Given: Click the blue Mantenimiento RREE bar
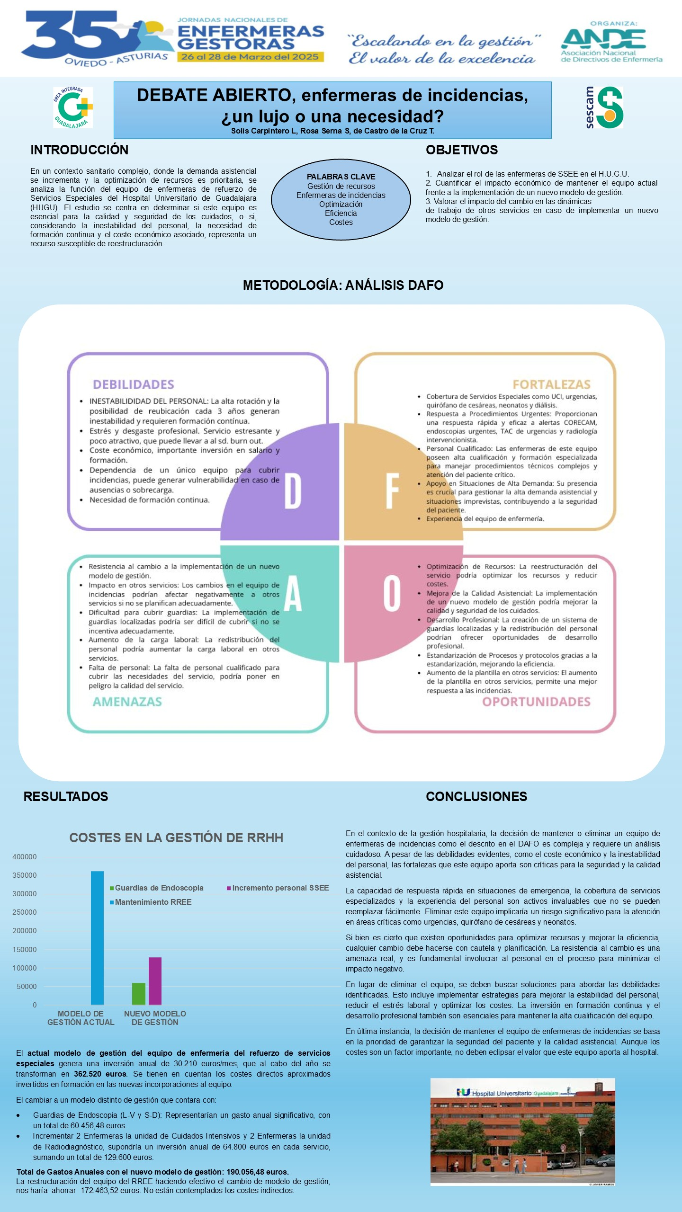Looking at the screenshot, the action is [97, 937].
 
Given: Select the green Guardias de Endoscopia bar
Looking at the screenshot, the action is [139, 993].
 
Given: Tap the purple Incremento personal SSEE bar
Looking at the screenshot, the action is [155, 980].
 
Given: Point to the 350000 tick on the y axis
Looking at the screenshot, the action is [25, 875].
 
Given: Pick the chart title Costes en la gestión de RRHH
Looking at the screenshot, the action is [176, 838].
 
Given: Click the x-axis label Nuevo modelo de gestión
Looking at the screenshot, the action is [155, 1018].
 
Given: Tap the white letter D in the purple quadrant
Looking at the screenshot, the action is [292, 491].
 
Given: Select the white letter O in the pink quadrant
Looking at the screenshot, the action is [392, 593].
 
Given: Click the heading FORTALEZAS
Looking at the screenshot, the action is [552, 384].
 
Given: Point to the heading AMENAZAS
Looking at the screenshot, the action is [127, 702].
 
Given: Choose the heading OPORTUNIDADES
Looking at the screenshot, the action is [537, 702].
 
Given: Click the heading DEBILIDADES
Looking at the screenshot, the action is [134, 384].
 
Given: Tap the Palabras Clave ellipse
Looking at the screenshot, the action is [341, 199].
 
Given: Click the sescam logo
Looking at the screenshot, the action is [604, 107].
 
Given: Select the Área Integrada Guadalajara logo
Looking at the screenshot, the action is [73, 107].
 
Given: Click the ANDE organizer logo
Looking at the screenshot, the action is [611, 43].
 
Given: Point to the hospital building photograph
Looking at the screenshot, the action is [523, 1132].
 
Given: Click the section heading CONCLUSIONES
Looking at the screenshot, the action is [476, 796].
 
